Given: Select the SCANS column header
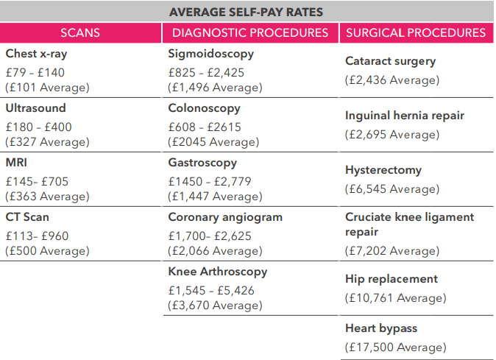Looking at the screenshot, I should [80, 32].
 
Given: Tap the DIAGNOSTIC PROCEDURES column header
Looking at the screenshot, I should [250, 32].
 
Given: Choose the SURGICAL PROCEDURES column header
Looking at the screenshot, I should [416, 32].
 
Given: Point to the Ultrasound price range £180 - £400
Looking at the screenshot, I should [38, 126].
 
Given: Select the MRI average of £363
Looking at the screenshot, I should [47, 197].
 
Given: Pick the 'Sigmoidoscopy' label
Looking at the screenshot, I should [210, 54].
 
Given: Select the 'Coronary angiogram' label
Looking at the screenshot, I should [225, 217].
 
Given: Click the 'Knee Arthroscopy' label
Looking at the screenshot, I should [218, 272].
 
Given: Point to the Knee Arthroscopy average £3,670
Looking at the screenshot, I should [215, 306].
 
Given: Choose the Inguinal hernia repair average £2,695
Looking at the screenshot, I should [392, 135].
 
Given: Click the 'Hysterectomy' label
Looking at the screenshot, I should [383, 170].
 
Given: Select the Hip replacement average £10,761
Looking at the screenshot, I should [395, 298].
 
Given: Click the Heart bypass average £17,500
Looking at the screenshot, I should [395, 347].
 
